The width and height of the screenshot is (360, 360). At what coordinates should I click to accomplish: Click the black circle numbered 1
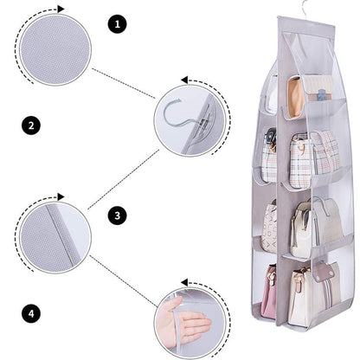coord(118,23)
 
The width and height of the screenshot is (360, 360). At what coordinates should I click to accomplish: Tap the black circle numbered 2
coord(31,126)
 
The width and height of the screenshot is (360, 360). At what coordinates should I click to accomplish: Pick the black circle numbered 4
coord(31,312)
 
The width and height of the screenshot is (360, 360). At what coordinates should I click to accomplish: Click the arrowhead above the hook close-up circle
coord(183,80)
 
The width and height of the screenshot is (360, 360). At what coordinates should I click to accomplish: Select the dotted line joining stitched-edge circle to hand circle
coord(121,273)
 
